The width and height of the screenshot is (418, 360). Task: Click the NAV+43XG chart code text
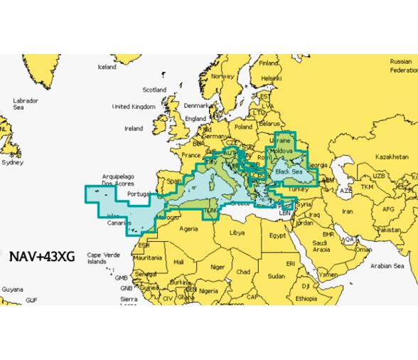pos(41,254)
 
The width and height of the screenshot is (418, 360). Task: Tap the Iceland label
pos(107,67)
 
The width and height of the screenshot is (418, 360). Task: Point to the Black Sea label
pos(289,171)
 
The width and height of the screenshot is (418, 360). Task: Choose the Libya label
pos(236,232)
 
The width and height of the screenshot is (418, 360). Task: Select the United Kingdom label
pos(133,107)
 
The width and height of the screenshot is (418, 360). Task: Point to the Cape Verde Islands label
pos(100,258)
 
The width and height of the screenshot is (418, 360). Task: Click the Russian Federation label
pos(403,66)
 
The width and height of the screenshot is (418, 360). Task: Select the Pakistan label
pos(390,231)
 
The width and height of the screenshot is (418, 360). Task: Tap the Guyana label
pos(11,290)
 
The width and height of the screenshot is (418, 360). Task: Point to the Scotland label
pos(154,90)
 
